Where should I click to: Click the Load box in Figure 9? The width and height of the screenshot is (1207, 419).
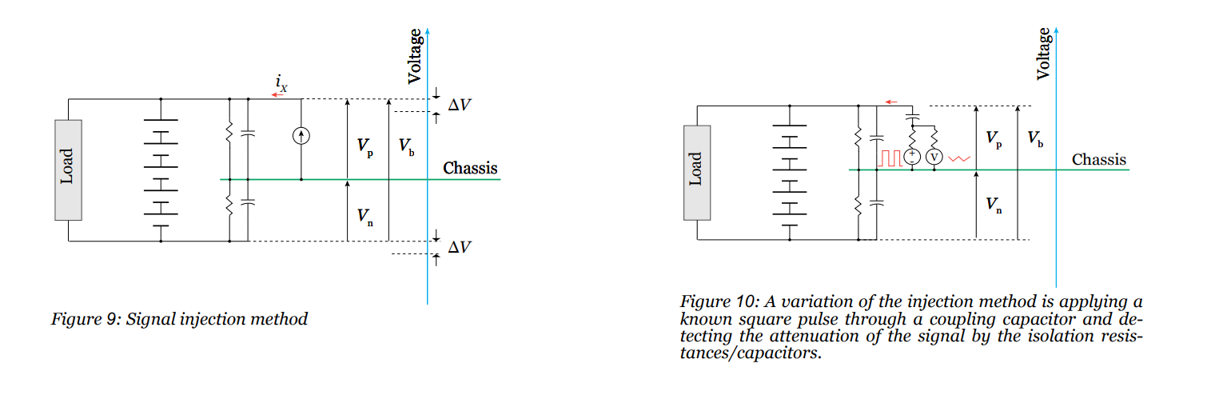coord(68,170)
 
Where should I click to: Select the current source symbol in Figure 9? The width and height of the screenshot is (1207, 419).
coord(301,137)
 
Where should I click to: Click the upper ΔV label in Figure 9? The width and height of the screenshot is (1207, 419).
coord(459,105)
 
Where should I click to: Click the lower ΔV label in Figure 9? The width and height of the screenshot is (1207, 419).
coord(459,247)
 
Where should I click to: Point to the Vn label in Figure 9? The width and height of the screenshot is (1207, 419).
coord(364,215)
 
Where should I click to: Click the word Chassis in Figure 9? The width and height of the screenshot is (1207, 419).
coord(470,168)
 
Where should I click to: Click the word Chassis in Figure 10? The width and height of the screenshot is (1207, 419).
coord(1099,159)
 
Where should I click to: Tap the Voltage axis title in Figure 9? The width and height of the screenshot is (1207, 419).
coord(415,56)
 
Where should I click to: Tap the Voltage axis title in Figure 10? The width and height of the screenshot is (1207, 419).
coord(1043,53)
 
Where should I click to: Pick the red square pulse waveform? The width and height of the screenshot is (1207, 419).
coord(890,157)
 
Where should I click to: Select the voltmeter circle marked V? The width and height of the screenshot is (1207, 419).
coord(934,158)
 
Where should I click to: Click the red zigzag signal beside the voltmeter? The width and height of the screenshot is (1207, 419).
coord(958,158)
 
